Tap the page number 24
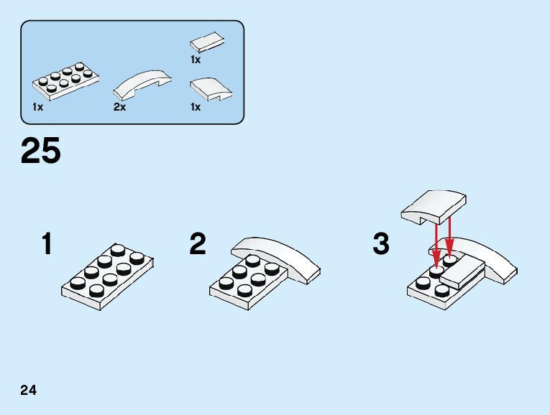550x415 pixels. tap(29, 391)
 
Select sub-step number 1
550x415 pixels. tap(47, 245)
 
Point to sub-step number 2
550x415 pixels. tap(198, 244)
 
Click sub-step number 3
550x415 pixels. tap(381, 244)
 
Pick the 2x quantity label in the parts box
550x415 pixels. tap(119, 107)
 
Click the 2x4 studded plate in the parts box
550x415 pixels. tap(65, 82)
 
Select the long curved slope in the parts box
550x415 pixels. tap(144, 84)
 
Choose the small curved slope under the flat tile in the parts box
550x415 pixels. tap(209, 90)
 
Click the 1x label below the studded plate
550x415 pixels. tap(37, 107)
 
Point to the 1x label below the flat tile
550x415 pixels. tap(196, 60)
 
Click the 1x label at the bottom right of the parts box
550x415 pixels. tap(196, 107)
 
